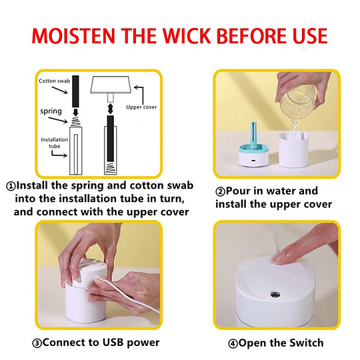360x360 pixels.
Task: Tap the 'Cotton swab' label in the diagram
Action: (55, 81)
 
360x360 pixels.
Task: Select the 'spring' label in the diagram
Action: (51, 111)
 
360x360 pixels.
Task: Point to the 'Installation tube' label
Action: (55, 143)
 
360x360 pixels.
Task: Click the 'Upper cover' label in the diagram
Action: (141, 107)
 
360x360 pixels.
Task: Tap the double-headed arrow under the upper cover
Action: (111, 109)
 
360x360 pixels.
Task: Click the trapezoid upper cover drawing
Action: (111, 85)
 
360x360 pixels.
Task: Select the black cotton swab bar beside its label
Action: (75, 91)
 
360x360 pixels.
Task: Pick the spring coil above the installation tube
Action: (75, 122)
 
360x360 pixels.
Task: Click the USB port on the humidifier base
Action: (253, 161)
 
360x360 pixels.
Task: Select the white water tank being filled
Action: (293, 149)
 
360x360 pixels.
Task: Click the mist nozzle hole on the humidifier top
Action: (275, 293)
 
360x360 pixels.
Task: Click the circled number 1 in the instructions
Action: (11, 186)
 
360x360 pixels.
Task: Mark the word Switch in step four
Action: (306, 343)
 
